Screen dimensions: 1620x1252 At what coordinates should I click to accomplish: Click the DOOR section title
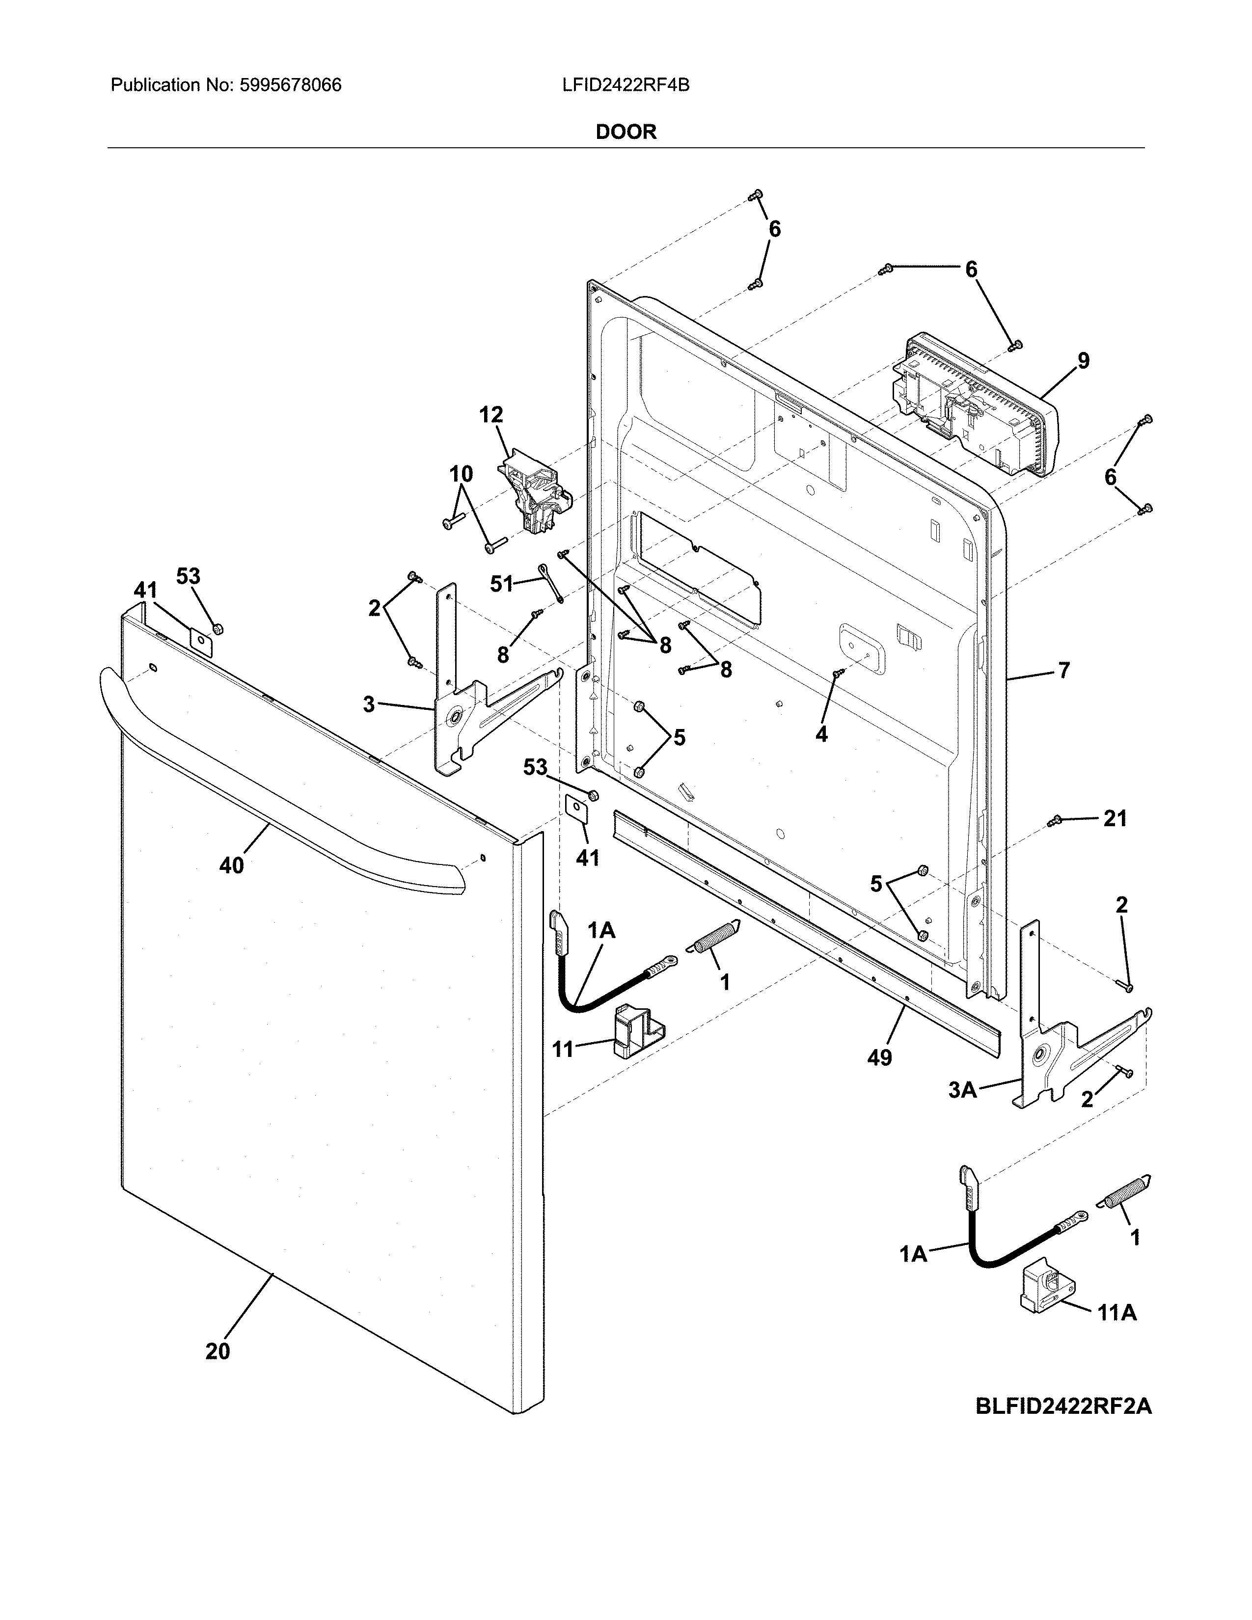(626, 132)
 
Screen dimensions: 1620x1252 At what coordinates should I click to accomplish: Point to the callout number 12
(491, 415)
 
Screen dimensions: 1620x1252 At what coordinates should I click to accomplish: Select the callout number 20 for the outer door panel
(218, 1351)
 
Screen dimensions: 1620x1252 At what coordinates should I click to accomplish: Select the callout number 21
(1115, 818)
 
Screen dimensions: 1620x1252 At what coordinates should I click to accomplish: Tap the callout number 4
(821, 734)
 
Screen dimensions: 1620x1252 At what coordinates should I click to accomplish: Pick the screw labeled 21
(1055, 820)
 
